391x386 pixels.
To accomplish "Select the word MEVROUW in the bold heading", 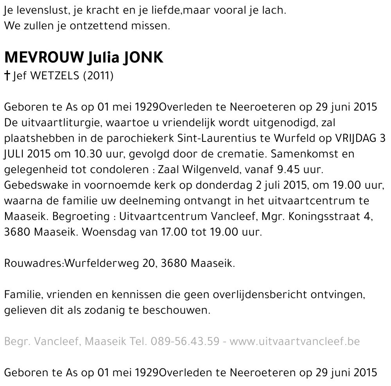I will point(43,58).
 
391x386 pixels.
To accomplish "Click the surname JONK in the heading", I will point(143,58).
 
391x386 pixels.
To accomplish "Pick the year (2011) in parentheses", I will point(98,75).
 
